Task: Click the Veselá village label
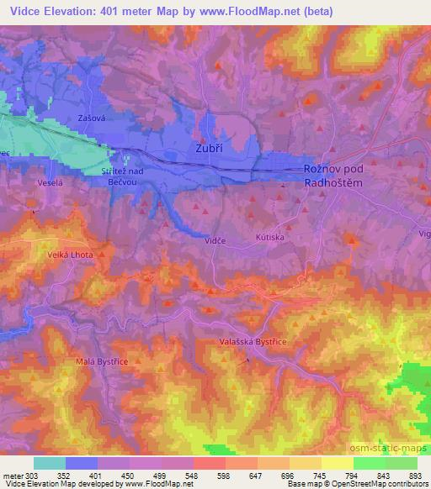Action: [x=51, y=181]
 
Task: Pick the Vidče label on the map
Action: [x=215, y=240]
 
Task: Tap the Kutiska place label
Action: [x=271, y=239]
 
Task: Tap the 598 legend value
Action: [x=224, y=475]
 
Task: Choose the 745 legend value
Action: [x=320, y=475]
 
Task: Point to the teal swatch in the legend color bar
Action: [x=50, y=463]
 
